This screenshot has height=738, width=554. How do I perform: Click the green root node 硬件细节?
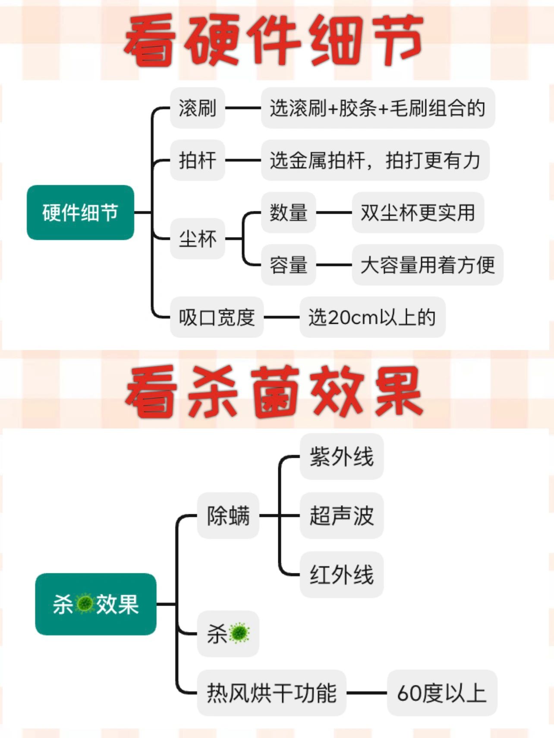tap(80, 213)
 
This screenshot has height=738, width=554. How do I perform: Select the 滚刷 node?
tap(198, 108)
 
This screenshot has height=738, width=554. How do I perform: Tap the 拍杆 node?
tap(198, 160)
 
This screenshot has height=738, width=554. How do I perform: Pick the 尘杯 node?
tap(198, 239)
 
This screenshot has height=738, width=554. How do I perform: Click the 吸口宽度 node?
tap(217, 317)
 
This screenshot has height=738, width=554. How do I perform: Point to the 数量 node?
tap(288, 213)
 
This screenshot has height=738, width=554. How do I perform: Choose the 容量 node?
tap(288, 265)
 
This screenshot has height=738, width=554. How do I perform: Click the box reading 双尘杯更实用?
tap(418, 213)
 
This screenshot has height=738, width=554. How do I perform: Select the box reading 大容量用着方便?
tap(427, 265)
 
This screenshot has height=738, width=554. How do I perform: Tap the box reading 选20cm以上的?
tap(372, 317)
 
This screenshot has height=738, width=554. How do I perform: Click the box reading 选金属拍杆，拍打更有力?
tap(375, 160)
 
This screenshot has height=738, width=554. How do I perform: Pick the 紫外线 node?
tap(341, 457)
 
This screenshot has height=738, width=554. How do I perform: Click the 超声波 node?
tap(341, 516)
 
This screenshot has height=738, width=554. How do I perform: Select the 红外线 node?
tap(341, 575)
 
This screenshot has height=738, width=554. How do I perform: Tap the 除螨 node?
tap(228, 516)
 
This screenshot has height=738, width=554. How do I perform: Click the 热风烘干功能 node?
tap(271, 693)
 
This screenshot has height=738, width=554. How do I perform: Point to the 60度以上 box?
tap(442, 693)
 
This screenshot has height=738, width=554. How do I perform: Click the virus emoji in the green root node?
tap(85, 604)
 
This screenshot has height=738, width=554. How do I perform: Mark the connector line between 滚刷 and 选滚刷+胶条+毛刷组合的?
tap(243, 108)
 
